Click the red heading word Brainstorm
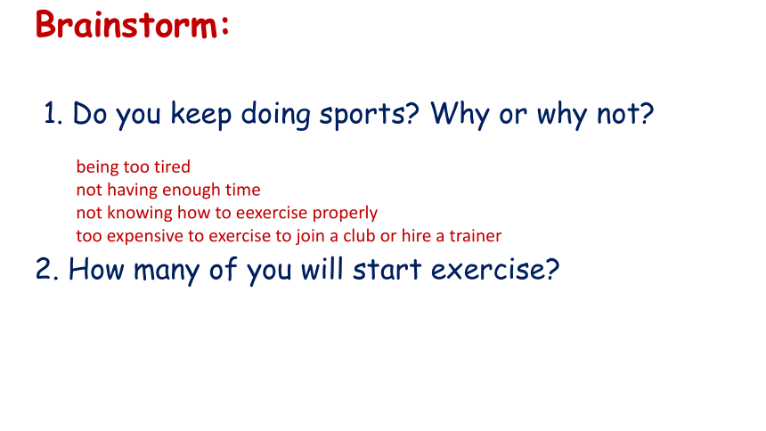pyautogui.click(x=126, y=24)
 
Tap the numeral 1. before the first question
pyautogui.click(x=53, y=113)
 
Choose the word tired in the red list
pyautogui.click(x=172, y=167)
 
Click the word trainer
pyautogui.click(x=476, y=236)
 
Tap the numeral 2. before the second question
pyautogui.click(x=47, y=269)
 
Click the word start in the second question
pyautogui.click(x=387, y=269)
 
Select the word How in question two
pyautogui.click(x=96, y=269)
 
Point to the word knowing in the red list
pyautogui.click(x=139, y=214)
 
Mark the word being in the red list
pyautogui.click(x=98, y=167)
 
